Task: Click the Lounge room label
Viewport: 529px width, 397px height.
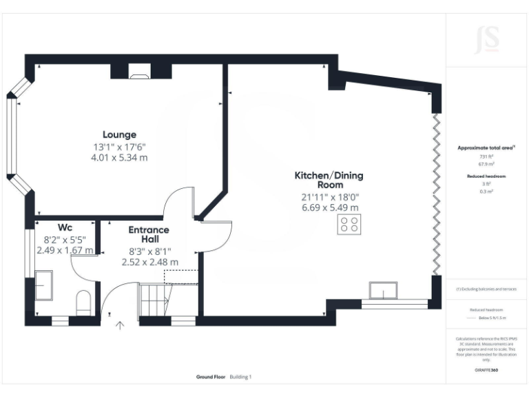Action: (x=120, y=134)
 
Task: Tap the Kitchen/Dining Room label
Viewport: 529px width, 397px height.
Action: (x=329, y=181)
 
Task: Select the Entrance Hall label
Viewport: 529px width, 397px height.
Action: (x=149, y=234)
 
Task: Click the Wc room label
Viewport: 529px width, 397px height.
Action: (x=65, y=227)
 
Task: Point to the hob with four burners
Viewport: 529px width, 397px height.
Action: (x=349, y=225)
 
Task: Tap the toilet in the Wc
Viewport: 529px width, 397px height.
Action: (x=83, y=302)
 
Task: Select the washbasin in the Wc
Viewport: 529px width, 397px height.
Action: (x=43, y=285)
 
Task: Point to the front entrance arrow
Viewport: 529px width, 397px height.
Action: (x=121, y=325)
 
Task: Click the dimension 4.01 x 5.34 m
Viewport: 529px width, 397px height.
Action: (x=121, y=158)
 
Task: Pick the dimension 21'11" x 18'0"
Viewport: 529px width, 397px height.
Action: (x=330, y=197)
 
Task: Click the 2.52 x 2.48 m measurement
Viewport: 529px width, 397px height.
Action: (x=149, y=262)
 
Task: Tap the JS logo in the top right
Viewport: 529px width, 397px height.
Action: (x=487, y=39)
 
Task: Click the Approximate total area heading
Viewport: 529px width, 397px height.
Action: (x=486, y=148)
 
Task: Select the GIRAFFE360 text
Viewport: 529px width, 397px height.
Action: (x=487, y=370)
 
